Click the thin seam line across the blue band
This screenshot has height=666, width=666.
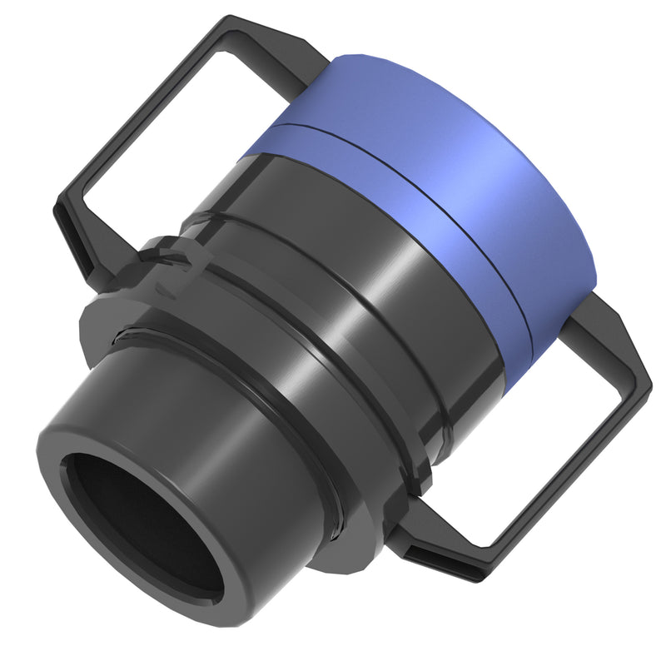click(416, 183)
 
